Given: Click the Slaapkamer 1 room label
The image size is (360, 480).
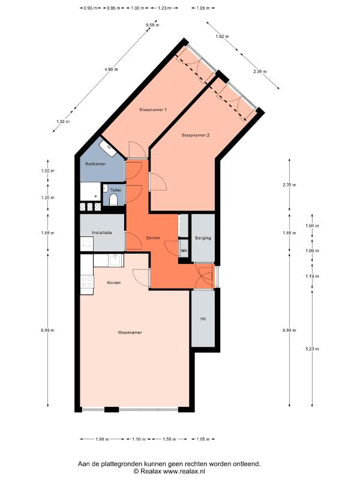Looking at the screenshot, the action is [153, 110].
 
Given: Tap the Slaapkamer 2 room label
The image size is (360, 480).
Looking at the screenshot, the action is [196, 135].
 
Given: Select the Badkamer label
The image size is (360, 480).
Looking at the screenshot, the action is [95, 164].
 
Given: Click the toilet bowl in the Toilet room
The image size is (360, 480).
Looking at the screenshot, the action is [113, 200].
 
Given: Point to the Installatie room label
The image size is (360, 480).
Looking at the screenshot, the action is [102, 233].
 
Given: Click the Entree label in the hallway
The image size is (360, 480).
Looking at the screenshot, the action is [153, 238].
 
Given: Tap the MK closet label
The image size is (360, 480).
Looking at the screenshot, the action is [184, 251].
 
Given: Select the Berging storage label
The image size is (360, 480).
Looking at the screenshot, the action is [203, 238].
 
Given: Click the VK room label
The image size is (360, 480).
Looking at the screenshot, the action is [203, 319].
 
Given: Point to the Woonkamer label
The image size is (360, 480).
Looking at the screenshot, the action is [130, 332].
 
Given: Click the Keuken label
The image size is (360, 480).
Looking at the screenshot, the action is [114, 283].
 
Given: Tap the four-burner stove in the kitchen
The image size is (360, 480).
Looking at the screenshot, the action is [87, 281].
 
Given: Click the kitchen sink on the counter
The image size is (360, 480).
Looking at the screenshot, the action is [116, 260].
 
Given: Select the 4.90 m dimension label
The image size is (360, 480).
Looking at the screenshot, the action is [111, 70].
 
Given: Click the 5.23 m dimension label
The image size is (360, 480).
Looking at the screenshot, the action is [312, 349].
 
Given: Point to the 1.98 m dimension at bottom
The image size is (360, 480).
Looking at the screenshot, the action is [102, 439].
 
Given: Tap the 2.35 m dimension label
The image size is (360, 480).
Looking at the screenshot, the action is [290, 185].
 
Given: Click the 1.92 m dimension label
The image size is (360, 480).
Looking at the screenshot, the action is [222, 37].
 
